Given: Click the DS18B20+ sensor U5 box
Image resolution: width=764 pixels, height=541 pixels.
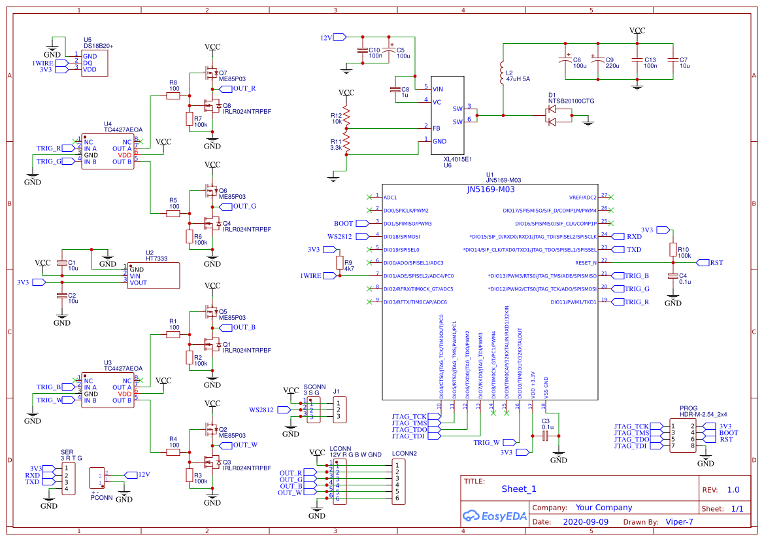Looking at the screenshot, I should click(94, 63).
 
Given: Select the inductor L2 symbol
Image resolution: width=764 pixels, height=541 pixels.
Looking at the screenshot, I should click(502, 71).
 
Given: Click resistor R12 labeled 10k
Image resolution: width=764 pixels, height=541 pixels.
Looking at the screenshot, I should click(347, 117).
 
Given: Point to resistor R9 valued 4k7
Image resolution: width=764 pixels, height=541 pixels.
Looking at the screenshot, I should click(339, 263).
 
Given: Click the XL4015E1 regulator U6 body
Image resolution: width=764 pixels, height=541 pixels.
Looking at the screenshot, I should click(447, 115).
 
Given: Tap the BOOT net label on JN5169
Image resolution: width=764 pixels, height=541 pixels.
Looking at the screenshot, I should click(344, 223).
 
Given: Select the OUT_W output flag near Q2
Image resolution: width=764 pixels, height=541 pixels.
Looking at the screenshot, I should click(244, 445).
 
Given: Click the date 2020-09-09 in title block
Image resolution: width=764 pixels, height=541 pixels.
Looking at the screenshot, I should click(585, 522).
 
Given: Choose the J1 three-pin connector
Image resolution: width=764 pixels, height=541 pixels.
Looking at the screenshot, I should click(340, 410).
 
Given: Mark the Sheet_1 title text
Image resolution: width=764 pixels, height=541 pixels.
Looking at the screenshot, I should click(519, 489).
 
